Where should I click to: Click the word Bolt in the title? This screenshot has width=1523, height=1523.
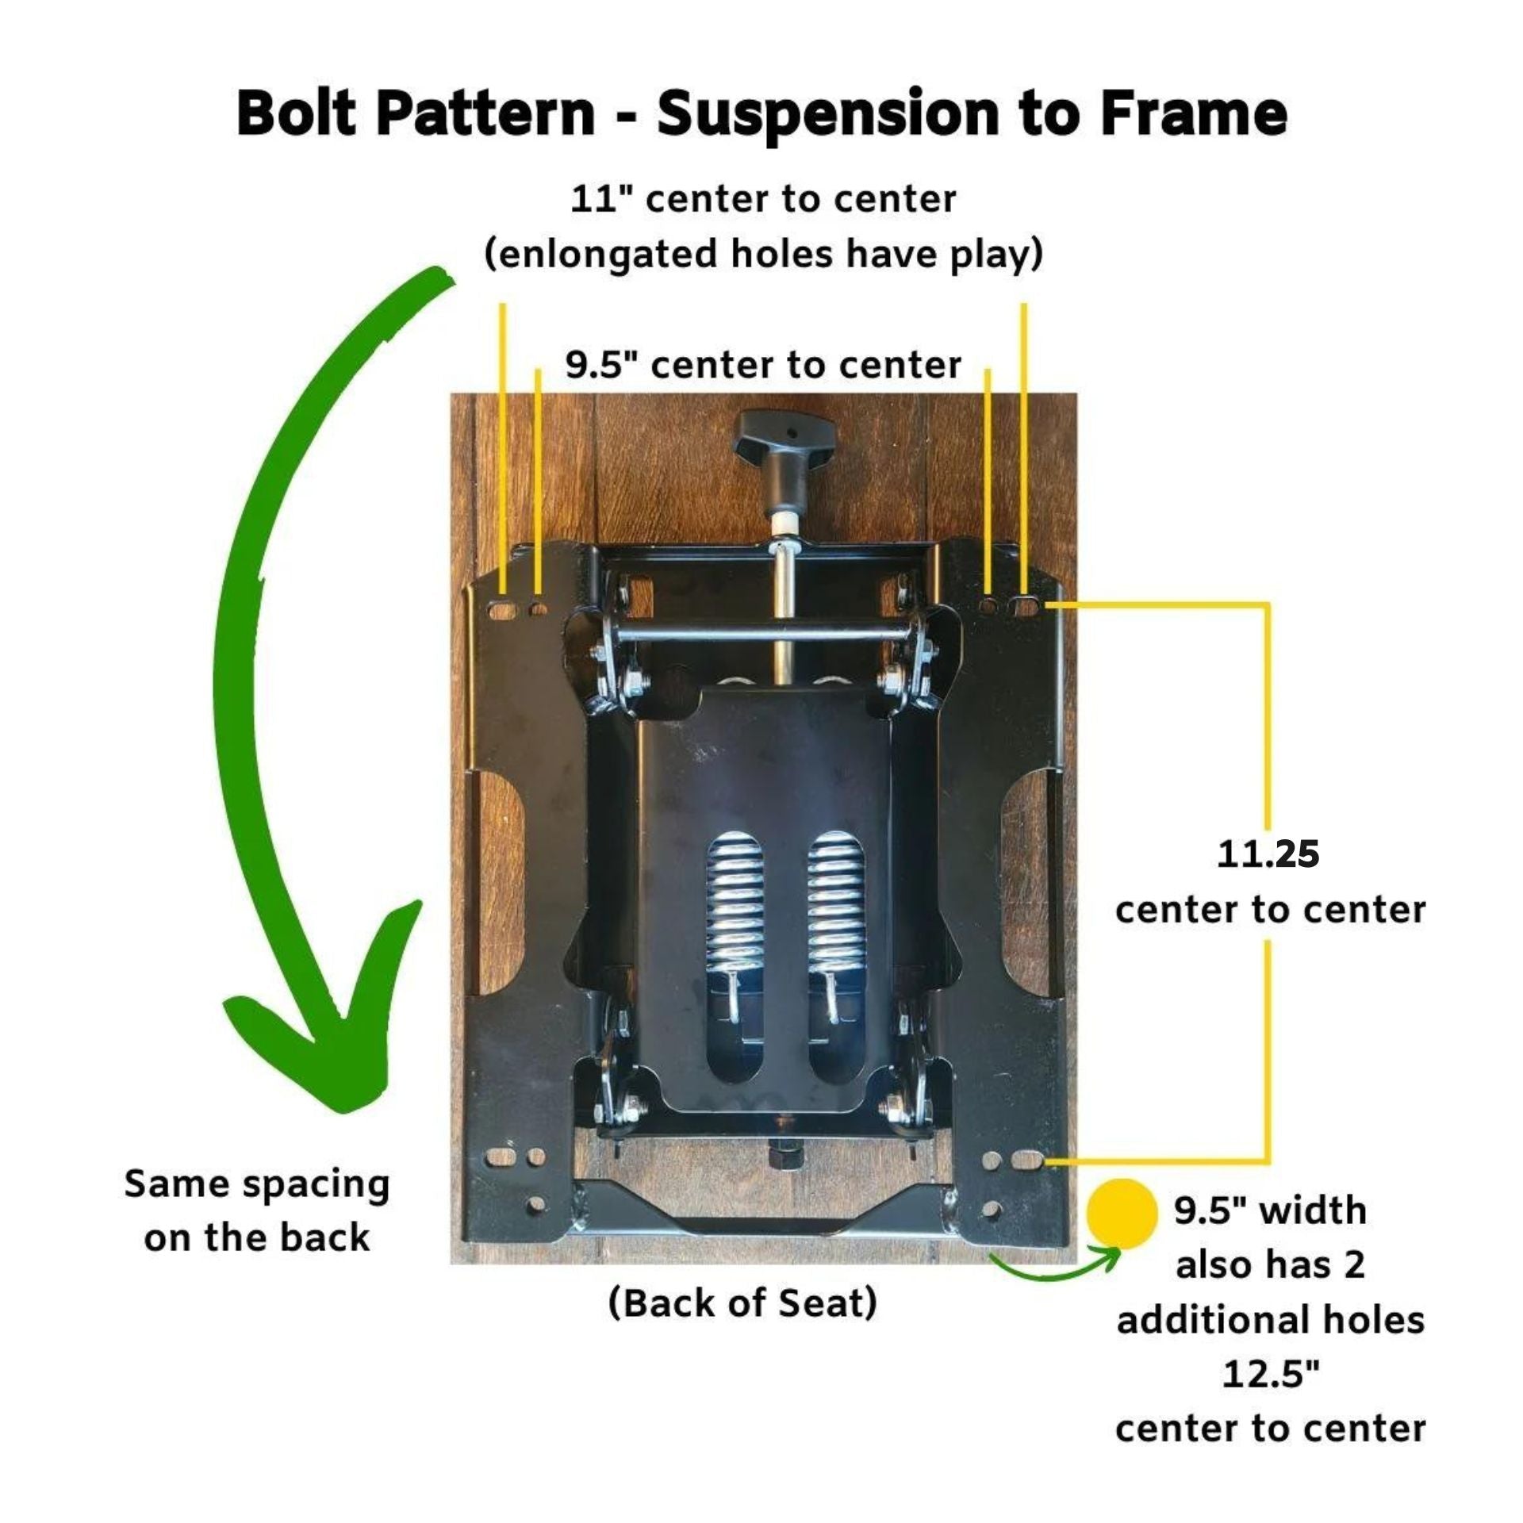[x=295, y=113]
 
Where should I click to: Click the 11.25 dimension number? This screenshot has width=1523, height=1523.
[x=1268, y=854]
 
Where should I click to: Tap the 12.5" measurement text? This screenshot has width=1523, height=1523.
[x=1269, y=1373]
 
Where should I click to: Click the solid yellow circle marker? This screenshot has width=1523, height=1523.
[x=1122, y=1213]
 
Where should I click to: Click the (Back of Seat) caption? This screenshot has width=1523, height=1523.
[x=742, y=1302]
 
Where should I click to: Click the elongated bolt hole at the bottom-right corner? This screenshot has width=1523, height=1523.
[x=1027, y=1160]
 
